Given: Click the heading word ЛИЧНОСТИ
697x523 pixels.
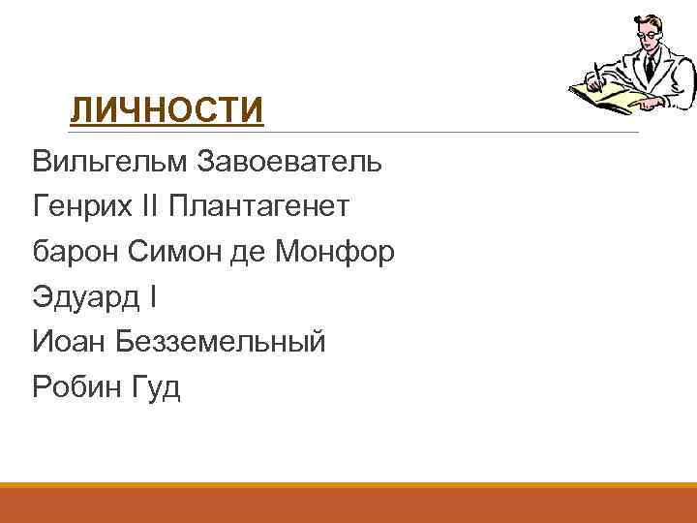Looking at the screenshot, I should coord(167,110).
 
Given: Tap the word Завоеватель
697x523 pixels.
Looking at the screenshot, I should coord(289,161).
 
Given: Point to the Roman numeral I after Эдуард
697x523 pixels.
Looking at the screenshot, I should coord(152,296).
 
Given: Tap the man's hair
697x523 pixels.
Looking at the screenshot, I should coord(644,19).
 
